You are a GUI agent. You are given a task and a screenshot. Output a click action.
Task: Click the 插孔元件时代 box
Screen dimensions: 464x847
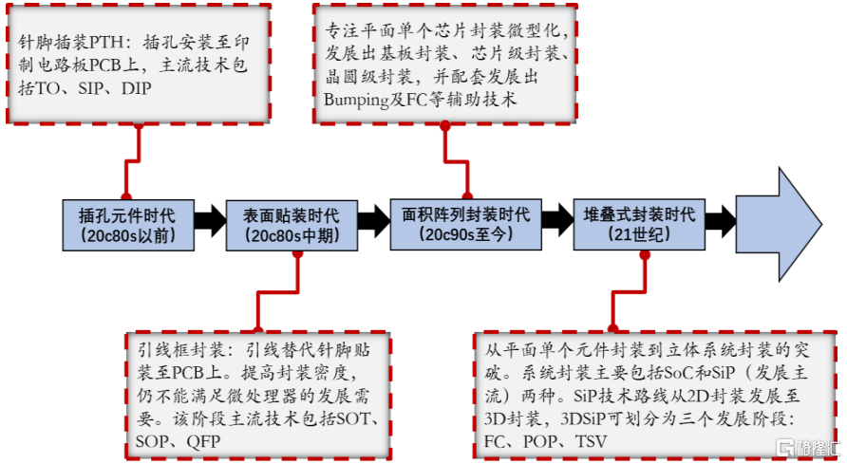click(x=127, y=223)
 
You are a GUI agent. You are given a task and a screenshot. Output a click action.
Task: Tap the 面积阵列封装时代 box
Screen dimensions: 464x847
click(x=466, y=223)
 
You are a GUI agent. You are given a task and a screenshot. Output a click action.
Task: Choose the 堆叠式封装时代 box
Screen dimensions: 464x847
click(x=638, y=223)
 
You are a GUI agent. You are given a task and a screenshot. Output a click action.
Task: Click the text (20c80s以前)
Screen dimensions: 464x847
click(x=127, y=234)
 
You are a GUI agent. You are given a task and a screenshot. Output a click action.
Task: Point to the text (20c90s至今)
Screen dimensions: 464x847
click(x=466, y=234)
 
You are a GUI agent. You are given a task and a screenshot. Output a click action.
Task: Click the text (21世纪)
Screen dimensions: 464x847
click(x=638, y=234)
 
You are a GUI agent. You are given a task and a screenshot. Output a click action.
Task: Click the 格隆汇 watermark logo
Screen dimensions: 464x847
click(x=806, y=448)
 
